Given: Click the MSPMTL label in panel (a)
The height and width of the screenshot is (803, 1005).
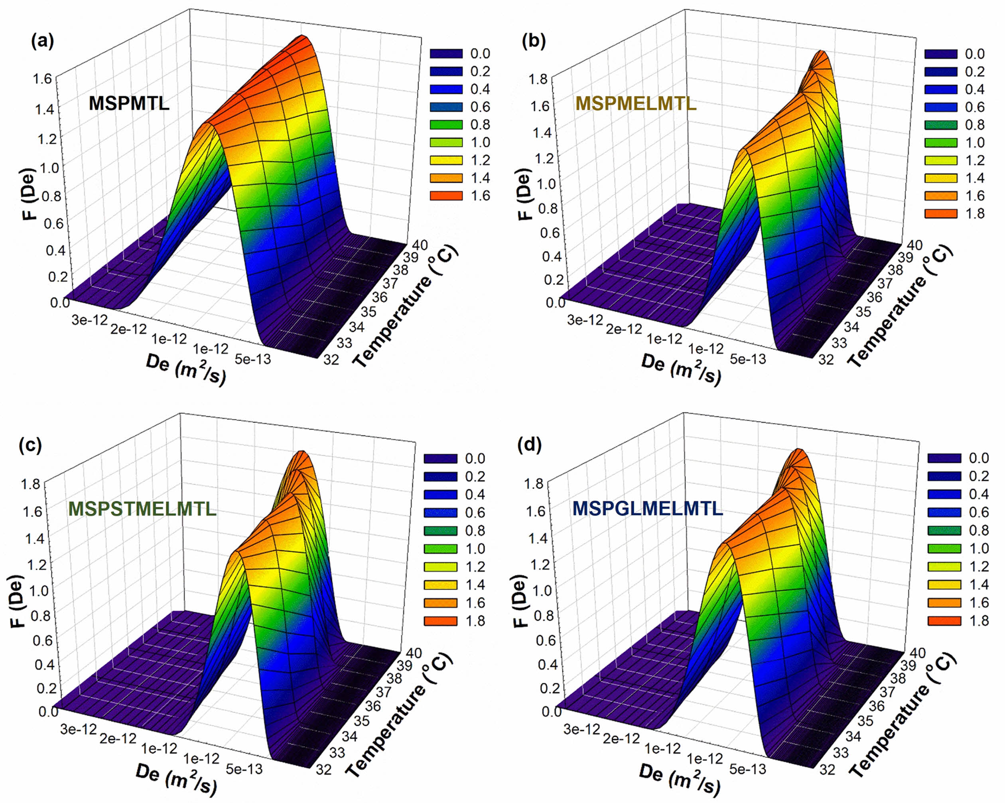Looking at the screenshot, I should pos(129,103).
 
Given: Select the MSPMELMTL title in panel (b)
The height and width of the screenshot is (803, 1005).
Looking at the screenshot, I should pos(636,103).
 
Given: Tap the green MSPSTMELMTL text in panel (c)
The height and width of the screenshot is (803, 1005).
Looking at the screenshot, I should pos(142,508).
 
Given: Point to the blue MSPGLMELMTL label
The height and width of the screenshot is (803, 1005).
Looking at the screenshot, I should pos(648,508).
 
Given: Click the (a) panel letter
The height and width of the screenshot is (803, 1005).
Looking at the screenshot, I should pos(42,41).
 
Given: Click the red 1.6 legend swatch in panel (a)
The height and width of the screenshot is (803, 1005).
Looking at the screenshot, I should pos(446,195).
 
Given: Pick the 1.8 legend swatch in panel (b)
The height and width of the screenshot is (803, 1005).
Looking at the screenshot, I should pos(941,213).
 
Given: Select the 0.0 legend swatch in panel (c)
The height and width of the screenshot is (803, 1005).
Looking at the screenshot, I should pos(440,459).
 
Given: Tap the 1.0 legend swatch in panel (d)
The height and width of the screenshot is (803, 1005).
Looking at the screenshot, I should pos(944,548).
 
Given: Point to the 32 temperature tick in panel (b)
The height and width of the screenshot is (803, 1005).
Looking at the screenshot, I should pos(826,359).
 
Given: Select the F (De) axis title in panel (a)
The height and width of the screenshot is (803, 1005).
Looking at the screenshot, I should pos(32,195).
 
